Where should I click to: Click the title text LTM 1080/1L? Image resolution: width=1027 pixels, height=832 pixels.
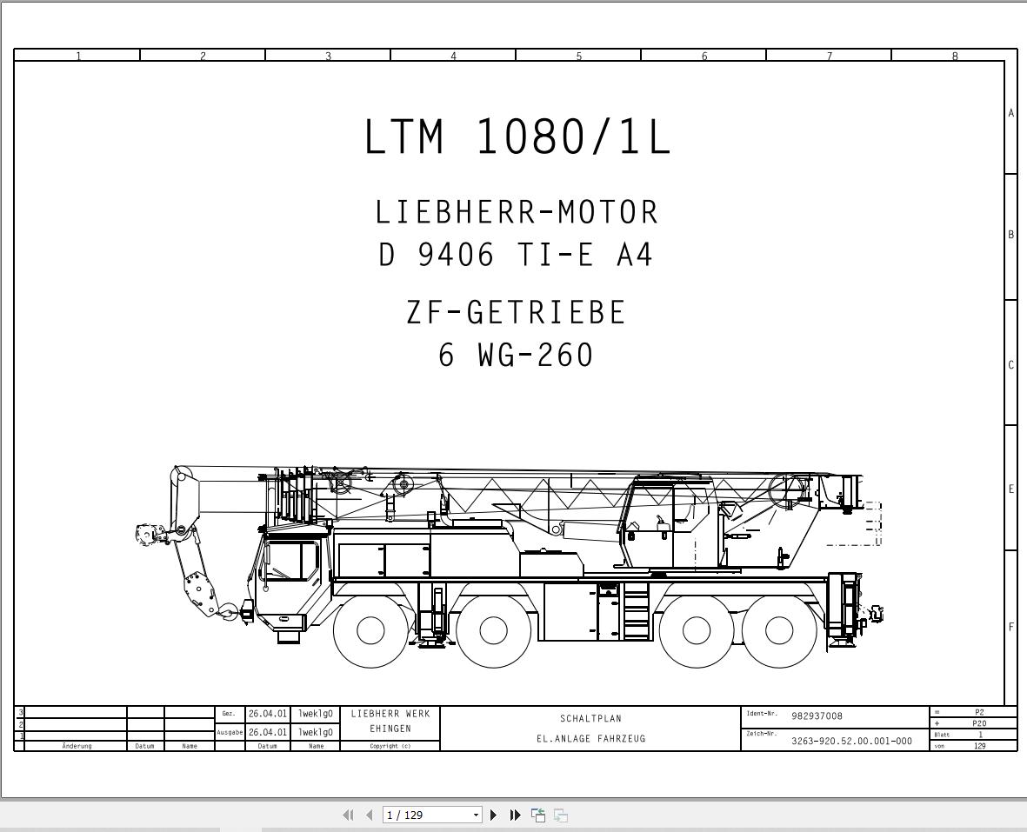[x=517, y=136]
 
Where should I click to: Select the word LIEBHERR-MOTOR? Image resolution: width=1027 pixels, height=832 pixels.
[x=517, y=213]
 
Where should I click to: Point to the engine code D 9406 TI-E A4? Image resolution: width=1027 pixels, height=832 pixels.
[x=517, y=255]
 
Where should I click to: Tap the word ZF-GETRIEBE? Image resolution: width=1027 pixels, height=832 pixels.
[x=517, y=312]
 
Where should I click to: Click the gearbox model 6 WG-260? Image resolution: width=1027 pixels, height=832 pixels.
[x=517, y=355]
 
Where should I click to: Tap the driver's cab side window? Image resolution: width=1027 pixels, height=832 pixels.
[x=290, y=561]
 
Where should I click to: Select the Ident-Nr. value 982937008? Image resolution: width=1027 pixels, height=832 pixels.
[x=817, y=716]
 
